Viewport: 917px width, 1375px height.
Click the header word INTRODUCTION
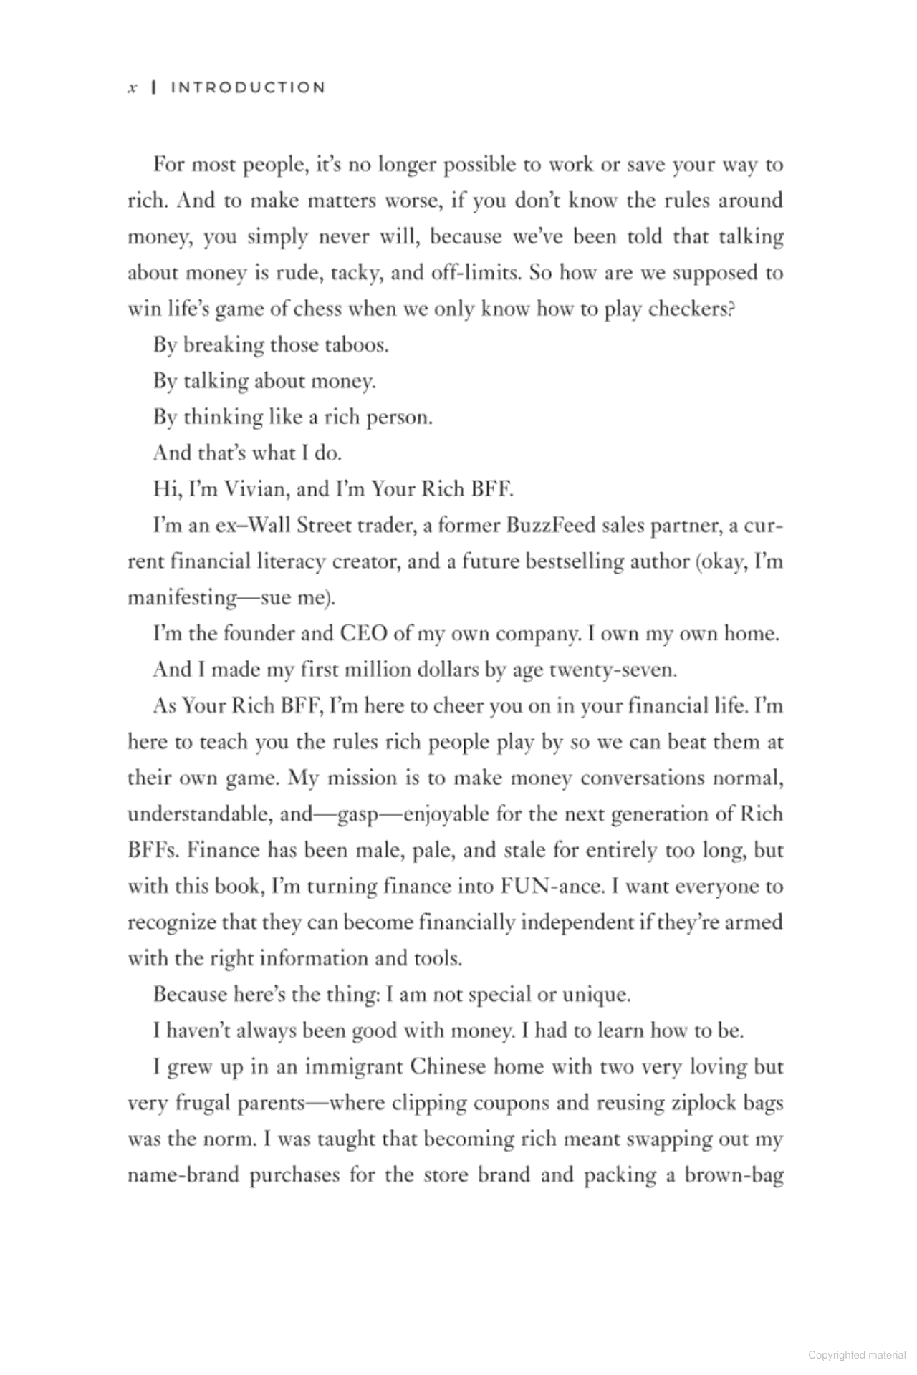point(248,88)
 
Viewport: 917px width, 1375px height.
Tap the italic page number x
point(132,89)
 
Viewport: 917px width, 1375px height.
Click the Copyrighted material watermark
point(856,1355)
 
